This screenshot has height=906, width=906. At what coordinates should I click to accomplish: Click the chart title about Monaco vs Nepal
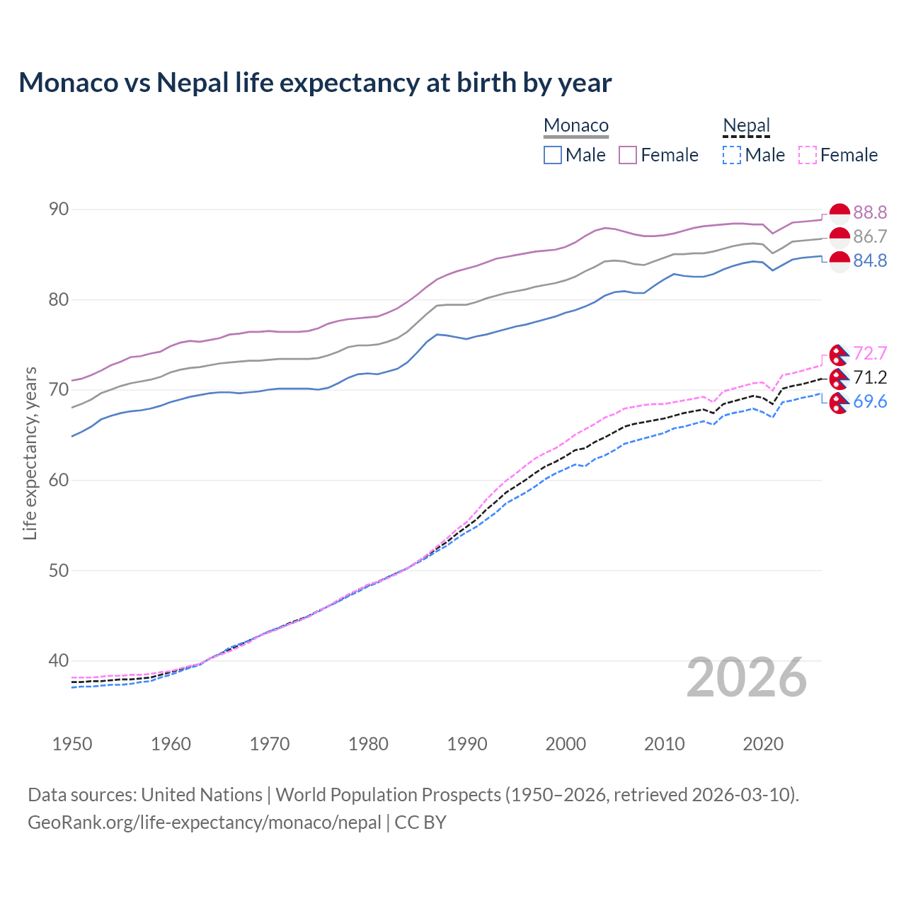pos(315,83)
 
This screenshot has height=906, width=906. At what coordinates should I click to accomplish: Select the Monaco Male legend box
pos(553,155)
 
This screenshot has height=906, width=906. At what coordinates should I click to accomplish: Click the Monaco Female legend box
pos(628,155)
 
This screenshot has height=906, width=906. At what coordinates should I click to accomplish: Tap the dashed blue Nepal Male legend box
pos(732,155)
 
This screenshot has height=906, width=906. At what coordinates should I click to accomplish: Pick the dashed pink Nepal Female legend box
pos(808,155)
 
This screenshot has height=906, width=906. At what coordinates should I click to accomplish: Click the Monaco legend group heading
pos(576,125)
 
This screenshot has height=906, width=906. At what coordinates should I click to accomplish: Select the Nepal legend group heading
pos(746,125)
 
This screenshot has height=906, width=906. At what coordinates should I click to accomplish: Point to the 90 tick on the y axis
pos(59,210)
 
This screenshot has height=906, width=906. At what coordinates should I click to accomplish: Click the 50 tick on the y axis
pos(59,570)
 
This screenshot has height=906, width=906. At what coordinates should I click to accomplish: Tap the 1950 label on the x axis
pos(72,744)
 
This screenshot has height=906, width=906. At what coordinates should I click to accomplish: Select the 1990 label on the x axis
pos(467,744)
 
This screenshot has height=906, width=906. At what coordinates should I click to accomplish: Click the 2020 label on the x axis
pos(763,744)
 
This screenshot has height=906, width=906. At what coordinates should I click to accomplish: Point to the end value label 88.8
pos(870,212)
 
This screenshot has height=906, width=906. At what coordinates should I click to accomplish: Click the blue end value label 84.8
pos(870,261)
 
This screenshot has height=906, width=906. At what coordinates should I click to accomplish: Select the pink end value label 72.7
pos(870,353)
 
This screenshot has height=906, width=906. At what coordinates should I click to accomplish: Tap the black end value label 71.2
pos(870,377)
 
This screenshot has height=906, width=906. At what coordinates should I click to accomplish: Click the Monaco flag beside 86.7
pos(839,237)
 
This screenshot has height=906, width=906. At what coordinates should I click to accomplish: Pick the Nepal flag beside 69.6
pos(839,403)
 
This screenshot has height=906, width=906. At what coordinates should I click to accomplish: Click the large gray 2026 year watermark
pos(747,677)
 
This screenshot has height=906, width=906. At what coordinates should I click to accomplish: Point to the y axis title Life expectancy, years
pos(30,453)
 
